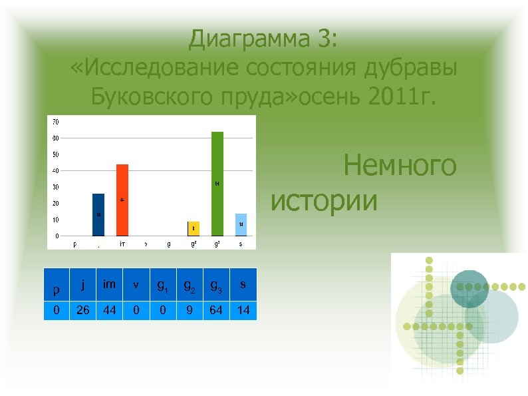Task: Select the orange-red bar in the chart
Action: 122,200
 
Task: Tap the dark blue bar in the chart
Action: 98,214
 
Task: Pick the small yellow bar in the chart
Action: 194,228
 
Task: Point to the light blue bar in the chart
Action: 241,224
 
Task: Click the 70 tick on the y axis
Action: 55,122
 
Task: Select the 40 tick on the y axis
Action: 55,171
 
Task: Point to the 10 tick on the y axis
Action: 55,220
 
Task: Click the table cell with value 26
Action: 82,310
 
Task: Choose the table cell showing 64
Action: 216,310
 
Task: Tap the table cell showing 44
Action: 109,310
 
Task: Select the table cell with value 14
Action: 242,310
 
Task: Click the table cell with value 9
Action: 189,310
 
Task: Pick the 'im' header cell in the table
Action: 109,285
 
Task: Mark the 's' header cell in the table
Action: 242,285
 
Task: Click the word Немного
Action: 400,166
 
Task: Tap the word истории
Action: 324,200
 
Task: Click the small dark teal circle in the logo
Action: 469,288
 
